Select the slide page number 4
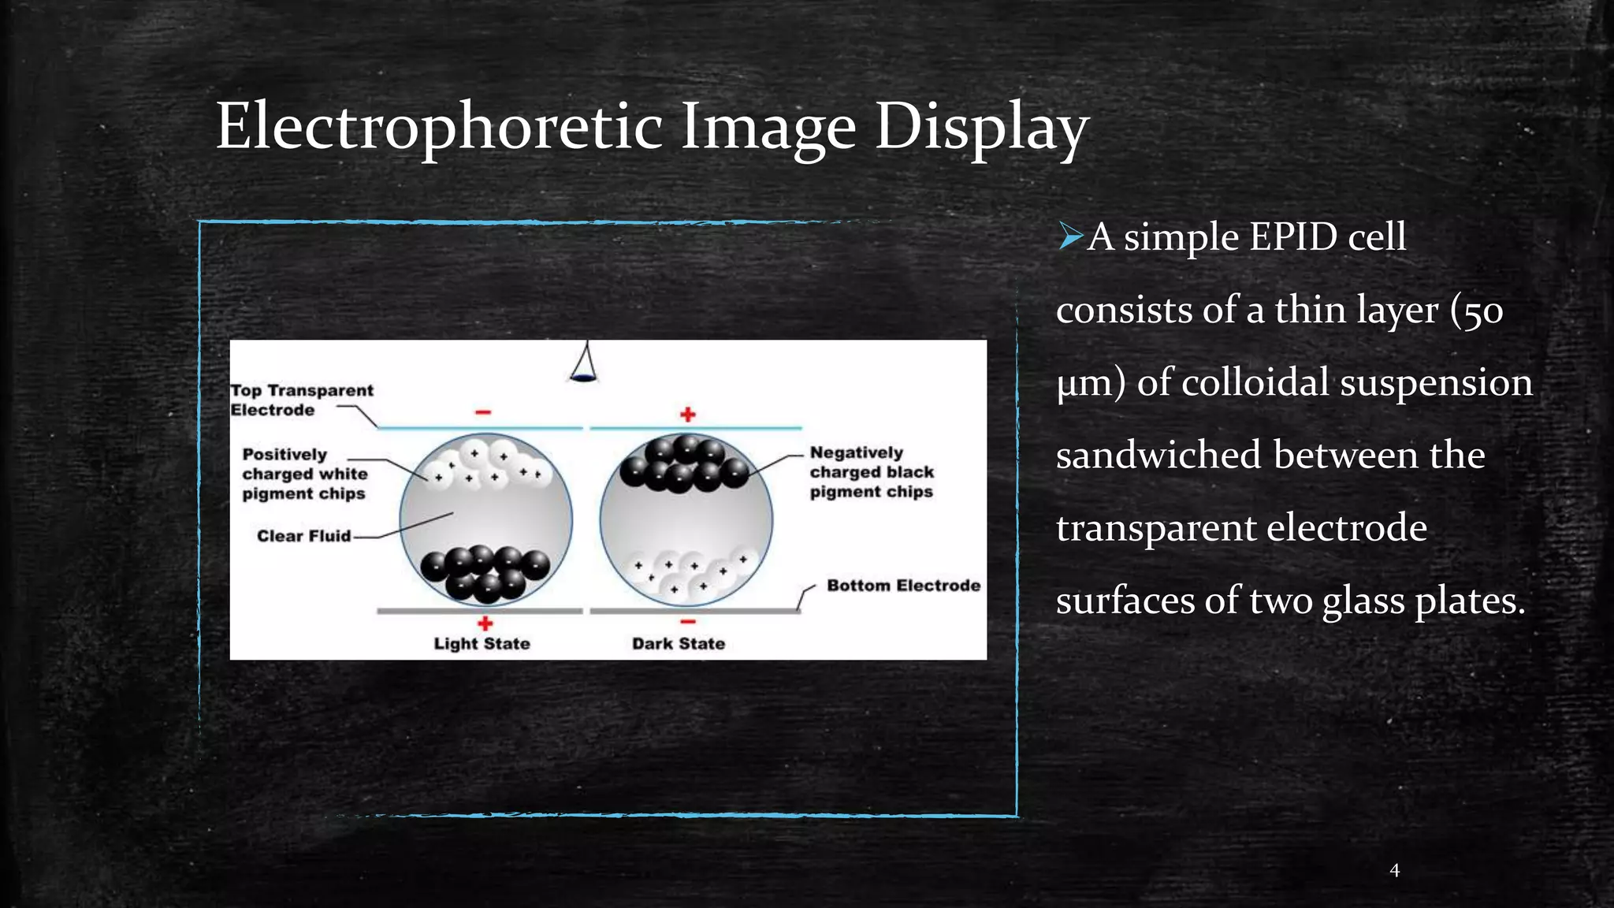[x=1394, y=870]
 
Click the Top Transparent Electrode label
[x=301, y=400]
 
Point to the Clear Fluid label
[x=303, y=536]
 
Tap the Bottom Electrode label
[x=903, y=586]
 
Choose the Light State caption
[x=482, y=644]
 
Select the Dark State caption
[x=678, y=644]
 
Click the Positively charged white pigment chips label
[x=304, y=474]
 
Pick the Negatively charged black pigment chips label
[x=871, y=472]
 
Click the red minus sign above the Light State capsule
[x=483, y=412]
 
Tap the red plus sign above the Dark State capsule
[x=688, y=414]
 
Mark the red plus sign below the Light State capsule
[x=485, y=623]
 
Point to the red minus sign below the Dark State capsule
[x=688, y=622]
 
